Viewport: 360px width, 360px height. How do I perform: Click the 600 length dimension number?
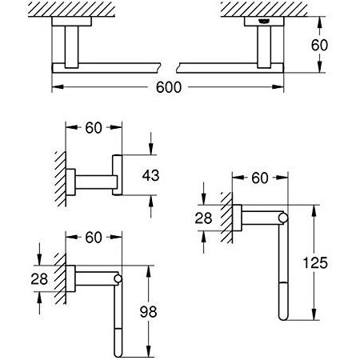pos(169,87)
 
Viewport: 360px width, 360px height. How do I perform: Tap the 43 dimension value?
pos(150,175)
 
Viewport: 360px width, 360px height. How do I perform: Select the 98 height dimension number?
pos(149,311)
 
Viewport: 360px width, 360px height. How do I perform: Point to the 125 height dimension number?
pos(315,262)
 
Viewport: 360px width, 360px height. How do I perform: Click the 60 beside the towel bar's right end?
pos(319,45)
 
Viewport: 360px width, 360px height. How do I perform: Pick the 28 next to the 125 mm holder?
pos(203,218)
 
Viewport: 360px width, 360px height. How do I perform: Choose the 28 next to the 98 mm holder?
pos(39,279)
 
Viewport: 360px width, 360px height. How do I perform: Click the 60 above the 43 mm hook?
pos(94,128)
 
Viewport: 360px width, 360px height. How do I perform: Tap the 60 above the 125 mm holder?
pos(260,178)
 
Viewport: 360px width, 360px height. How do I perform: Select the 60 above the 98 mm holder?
pos(94,237)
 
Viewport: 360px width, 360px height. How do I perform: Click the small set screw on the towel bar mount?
pos(264,22)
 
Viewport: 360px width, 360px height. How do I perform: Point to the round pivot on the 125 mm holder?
pos(283,218)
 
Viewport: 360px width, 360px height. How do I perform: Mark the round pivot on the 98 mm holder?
pos(118,278)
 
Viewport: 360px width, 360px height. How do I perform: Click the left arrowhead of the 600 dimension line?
pos(58,87)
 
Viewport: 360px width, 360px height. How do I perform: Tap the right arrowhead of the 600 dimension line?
pos(278,87)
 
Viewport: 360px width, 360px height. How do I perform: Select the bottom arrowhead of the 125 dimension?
pos(314,314)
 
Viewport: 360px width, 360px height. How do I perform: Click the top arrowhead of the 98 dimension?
pos(149,271)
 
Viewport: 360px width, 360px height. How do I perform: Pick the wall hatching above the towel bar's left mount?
pos(71,10)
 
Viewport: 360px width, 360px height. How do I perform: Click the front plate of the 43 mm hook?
pos(118,175)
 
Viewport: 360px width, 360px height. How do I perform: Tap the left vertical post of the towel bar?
pos(71,47)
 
